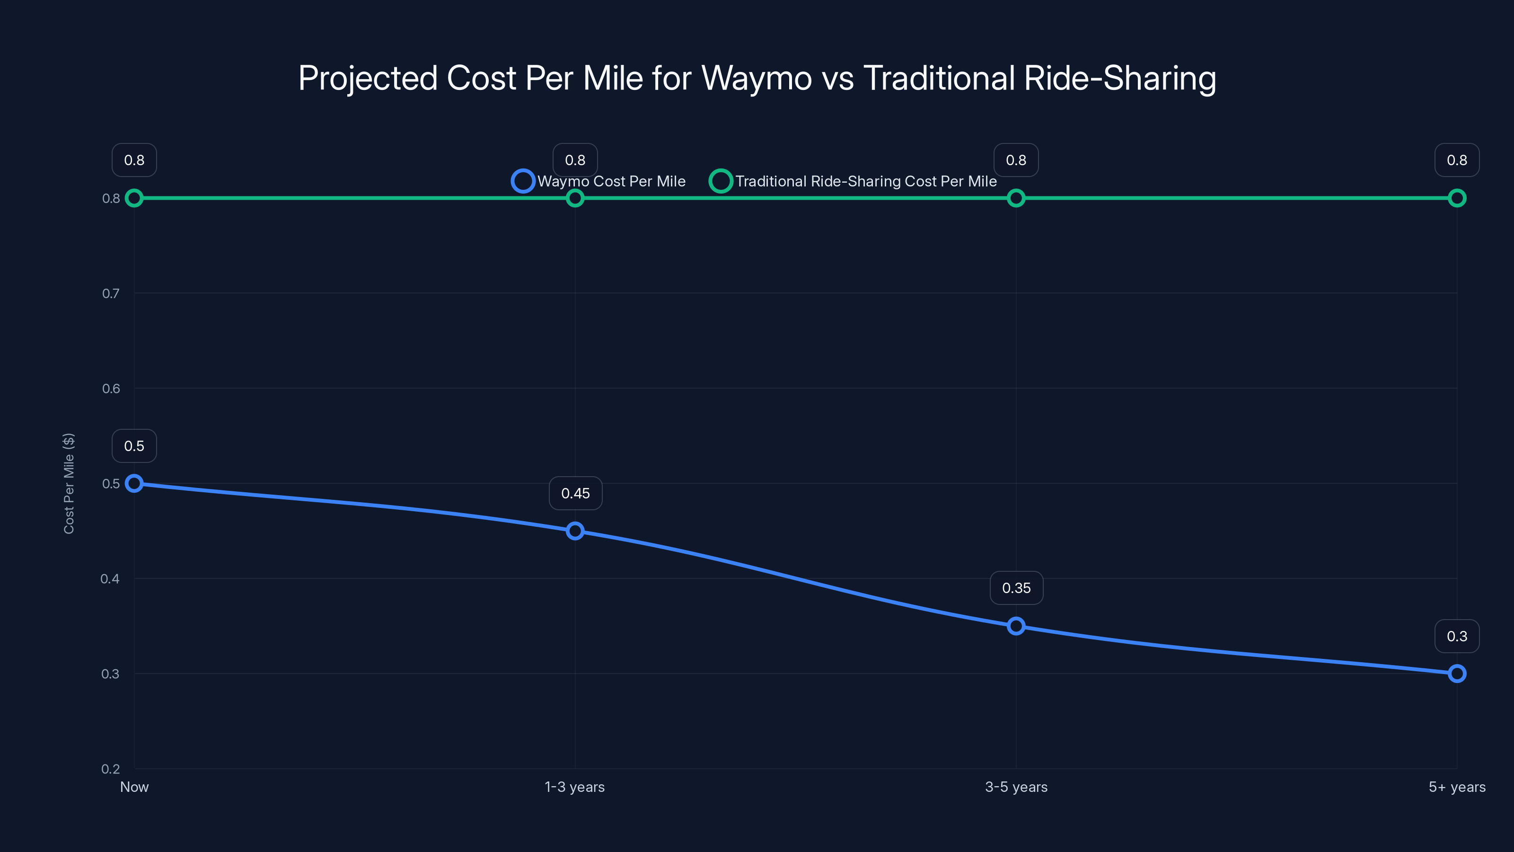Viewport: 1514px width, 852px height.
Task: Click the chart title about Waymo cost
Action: tap(757, 78)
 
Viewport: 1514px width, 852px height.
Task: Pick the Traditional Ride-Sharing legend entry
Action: tap(854, 181)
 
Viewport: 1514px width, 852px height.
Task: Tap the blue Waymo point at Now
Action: tap(134, 483)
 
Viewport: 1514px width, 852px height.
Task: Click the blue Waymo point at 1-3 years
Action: tap(575, 531)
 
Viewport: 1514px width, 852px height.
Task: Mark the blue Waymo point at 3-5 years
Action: tap(1016, 626)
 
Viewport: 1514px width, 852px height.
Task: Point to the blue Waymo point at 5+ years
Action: tap(1457, 673)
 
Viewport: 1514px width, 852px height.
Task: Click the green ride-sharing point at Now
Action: tap(134, 198)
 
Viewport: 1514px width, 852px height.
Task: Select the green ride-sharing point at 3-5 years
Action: tap(1016, 198)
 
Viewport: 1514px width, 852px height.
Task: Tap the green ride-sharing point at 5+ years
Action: tap(1457, 198)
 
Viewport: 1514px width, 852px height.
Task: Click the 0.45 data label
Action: tap(575, 493)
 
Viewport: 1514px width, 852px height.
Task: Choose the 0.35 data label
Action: tap(1016, 588)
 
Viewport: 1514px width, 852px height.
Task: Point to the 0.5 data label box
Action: tap(134, 446)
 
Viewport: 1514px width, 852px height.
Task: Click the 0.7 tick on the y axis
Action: tap(111, 293)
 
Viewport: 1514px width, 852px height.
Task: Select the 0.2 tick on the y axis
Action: tap(111, 769)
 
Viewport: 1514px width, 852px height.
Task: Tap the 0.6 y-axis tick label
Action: tap(111, 389)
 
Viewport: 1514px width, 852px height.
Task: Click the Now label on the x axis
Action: tap(134, 787)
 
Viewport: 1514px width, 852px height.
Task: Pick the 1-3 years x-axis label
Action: tap(575, 787)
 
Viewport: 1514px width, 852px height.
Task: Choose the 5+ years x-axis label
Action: tap(1457, 787)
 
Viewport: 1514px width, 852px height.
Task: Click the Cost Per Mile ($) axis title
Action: tap(69, 483)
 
